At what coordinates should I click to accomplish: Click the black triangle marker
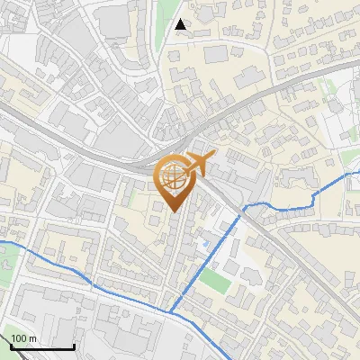click(181, 24)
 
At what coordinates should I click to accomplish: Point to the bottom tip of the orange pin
click(173, 211)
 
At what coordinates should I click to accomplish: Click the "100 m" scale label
click(24, 338)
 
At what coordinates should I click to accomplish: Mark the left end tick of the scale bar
click(12, 346)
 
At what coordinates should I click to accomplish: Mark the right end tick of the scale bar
click(74, 346)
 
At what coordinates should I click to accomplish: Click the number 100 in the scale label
click(20, 338)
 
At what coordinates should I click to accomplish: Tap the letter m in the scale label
click(33, 338)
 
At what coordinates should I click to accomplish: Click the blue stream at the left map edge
click(4, 241)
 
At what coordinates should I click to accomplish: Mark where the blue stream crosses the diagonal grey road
click(243, 208)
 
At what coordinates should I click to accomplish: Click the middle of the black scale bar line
click(42, 347)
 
